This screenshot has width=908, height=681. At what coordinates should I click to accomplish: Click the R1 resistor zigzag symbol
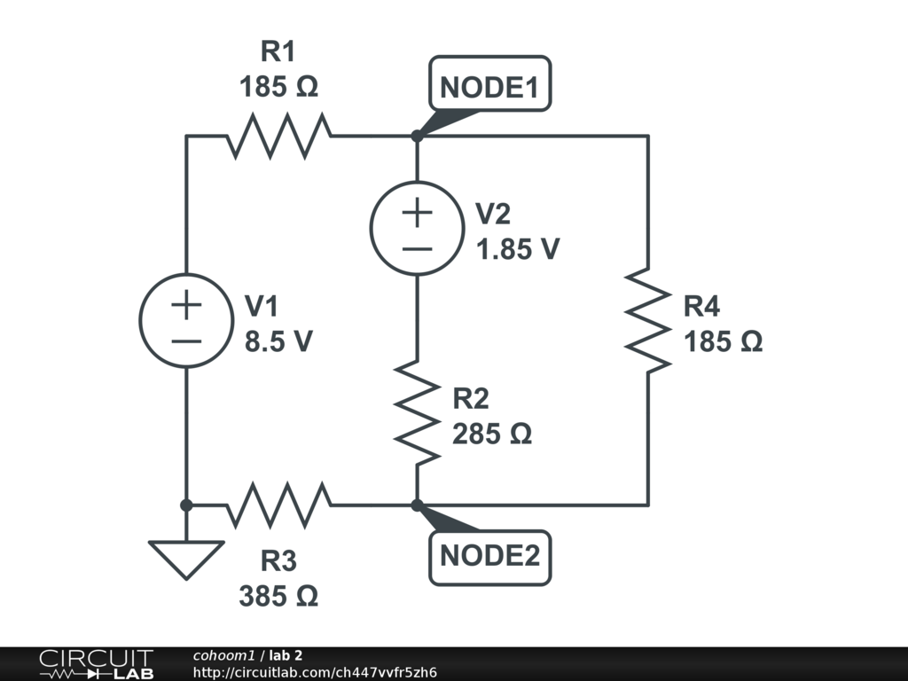point(278,136)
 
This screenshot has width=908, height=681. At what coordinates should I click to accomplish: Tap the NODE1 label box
point(489,84)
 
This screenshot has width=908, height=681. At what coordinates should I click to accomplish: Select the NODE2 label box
point(489,558)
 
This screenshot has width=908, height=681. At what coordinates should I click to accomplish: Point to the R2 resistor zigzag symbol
point(417,412)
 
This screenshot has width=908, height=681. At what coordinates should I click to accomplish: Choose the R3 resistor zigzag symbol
point(278,505)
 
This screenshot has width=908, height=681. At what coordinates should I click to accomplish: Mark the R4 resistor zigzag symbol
point(648,320)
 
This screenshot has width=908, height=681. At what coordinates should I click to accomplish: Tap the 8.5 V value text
point(278,341)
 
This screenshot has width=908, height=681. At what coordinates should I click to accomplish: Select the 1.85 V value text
point(518,249)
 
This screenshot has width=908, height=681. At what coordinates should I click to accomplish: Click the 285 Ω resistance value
point(491,434)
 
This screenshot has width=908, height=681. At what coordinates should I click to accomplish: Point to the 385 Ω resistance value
point(278,596)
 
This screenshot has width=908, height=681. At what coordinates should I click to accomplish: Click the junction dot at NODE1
point(417,136)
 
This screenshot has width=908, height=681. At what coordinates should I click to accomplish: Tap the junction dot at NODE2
point(417,505)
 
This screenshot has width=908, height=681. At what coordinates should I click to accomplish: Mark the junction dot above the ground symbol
point(186,505)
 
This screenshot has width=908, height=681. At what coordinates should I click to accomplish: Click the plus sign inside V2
point(417,213)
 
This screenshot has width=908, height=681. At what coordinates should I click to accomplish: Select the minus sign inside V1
point(186,341)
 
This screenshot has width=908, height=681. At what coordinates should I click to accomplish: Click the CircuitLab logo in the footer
point(97,664)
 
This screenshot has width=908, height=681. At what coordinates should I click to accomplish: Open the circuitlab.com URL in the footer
point(315,672)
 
